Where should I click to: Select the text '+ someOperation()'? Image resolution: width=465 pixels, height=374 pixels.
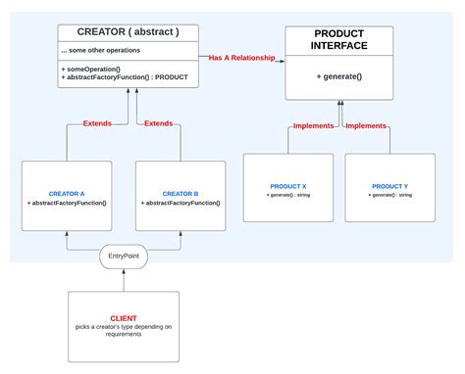point(92,70)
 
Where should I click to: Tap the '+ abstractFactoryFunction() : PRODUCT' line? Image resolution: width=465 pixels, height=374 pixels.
point(125,78)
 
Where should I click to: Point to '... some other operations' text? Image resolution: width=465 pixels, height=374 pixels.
point(100,50)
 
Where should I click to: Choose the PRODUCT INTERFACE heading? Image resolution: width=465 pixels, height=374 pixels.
point(339,40)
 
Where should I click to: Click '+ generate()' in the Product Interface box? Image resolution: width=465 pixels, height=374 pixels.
point(339,75)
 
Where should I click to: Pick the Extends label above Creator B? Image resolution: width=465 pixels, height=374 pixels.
point(159,124)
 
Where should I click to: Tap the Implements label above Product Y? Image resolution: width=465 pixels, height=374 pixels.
point(366,126)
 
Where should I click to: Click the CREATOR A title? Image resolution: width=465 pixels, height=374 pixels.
point(68,194)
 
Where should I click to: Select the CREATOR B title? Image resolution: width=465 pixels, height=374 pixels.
point(180,194)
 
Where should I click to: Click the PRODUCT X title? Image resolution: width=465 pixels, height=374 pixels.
point(289,186)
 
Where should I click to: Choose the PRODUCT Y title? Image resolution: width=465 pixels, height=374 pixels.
point(391,186)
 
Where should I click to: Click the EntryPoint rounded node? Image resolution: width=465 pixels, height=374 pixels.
point(125,257)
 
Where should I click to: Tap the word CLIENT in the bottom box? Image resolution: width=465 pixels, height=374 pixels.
point(124,317)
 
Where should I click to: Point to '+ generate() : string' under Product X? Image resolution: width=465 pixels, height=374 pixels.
point(289,195)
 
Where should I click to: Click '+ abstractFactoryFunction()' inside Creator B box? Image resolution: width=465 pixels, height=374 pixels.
point(180,203)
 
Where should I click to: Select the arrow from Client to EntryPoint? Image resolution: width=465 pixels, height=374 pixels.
point(125,280)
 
